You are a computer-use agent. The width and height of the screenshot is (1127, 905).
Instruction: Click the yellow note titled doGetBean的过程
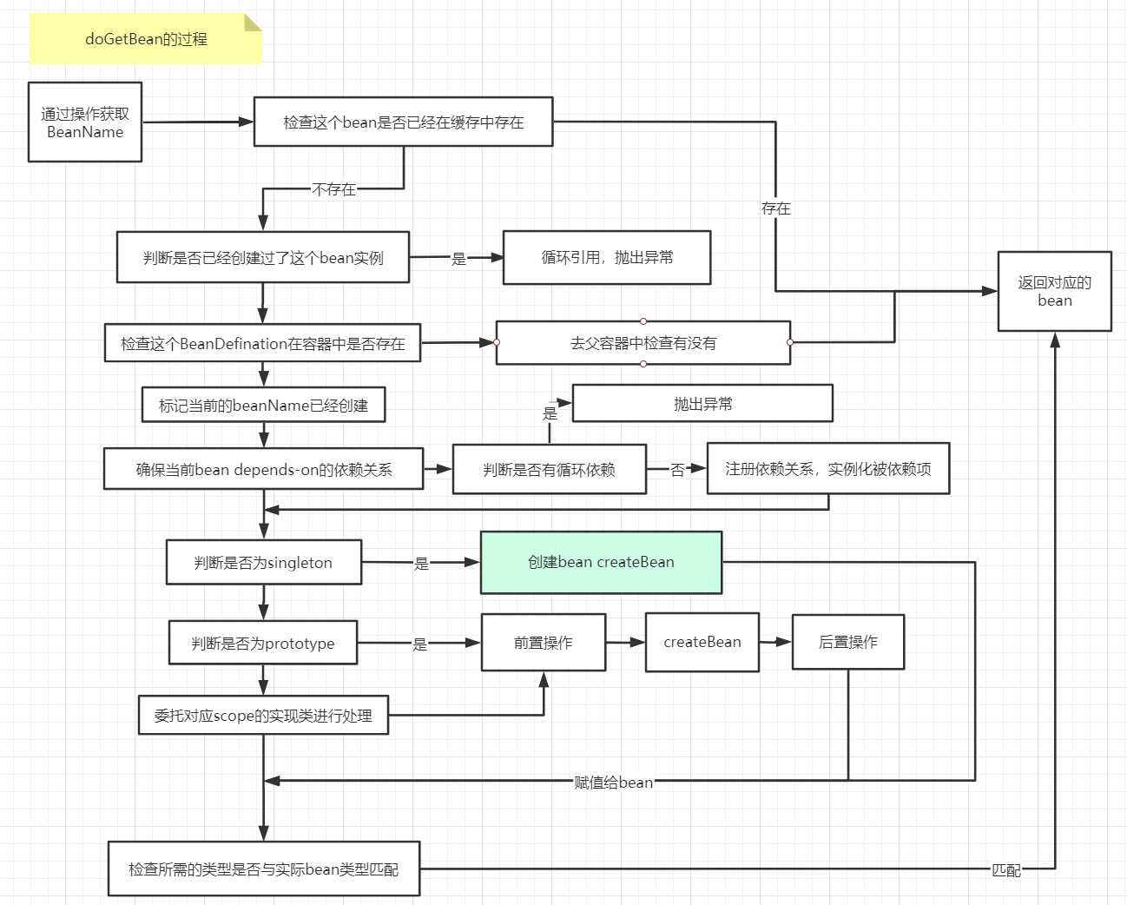[x=146, y=39]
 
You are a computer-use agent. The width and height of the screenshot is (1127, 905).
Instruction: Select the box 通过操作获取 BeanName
[x=85, y=122]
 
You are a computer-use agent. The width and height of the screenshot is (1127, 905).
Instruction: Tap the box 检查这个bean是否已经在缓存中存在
[x=403, y=122]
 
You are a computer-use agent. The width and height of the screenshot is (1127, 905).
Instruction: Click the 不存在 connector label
[x=334, y=189]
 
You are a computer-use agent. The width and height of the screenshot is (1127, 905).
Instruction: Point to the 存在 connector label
[x=775, y=208]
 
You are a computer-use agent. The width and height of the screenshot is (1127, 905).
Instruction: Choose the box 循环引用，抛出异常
[x=607, y=257]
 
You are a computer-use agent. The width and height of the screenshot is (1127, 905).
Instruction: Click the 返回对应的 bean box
[x=1054, y=291]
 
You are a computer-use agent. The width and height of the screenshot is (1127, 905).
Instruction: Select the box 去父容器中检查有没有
[x=643, y=343]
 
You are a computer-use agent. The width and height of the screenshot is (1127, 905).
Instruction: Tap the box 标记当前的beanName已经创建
[x=263, y=405]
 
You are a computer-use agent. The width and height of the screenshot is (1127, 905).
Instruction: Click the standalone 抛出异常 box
[x=702, y=404]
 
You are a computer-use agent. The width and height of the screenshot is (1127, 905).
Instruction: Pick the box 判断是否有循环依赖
[x=549, y=470]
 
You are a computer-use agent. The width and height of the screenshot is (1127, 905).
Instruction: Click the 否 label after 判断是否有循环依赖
[x=677, y=470]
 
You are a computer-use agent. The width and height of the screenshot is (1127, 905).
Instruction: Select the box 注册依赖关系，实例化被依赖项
[x=827, y=469]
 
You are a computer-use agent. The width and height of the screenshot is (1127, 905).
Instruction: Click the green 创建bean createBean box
[x=601, y=562]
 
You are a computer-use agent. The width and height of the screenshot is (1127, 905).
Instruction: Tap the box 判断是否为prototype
[x=263, y=643]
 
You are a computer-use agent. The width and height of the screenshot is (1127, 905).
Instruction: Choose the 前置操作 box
[x=544, y=643]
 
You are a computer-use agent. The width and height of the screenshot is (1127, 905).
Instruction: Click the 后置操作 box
[x=848, y=642]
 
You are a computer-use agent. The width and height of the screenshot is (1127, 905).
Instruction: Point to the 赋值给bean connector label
[x=613, y=783]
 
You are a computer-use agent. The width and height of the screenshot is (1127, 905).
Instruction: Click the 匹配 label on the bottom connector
[x=1006, y=869]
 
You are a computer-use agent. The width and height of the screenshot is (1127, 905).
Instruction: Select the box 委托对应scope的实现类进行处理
[x=263, y=715]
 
